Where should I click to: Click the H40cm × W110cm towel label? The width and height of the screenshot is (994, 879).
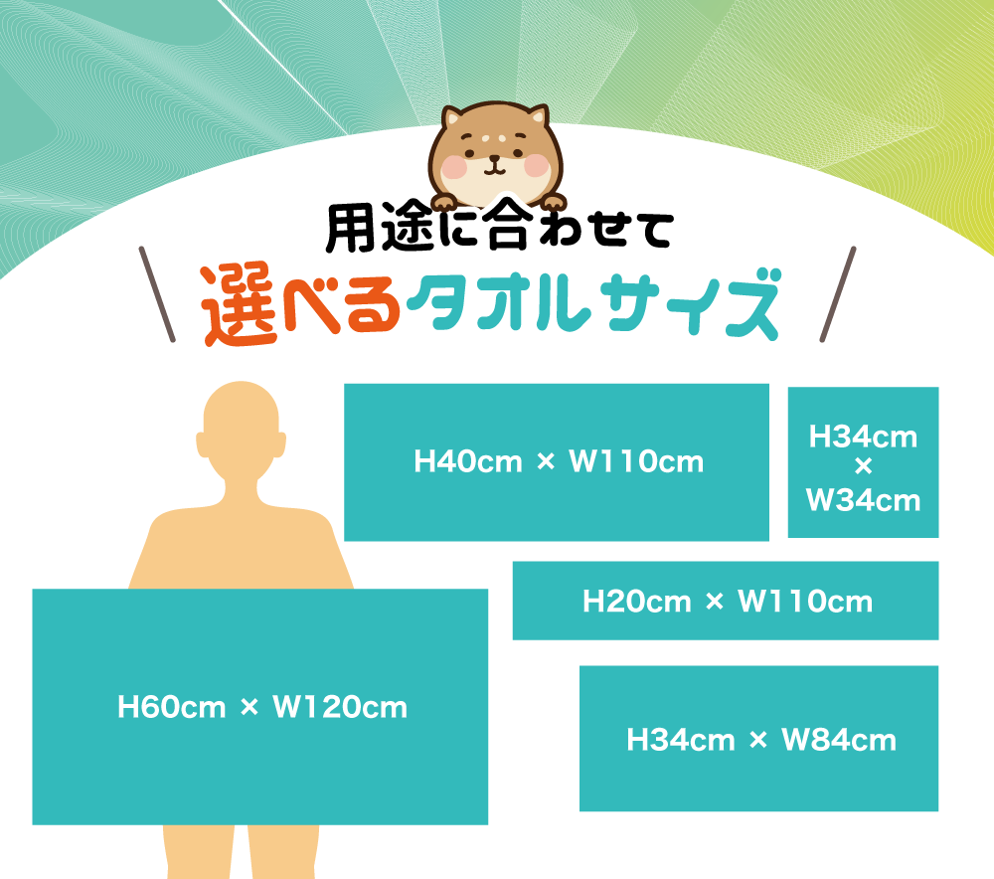pos(559,461)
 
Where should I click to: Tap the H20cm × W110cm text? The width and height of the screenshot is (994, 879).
pos(727,601)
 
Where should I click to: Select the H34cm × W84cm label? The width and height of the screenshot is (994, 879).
pos(760,740)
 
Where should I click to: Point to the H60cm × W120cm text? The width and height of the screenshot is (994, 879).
pos(261,707)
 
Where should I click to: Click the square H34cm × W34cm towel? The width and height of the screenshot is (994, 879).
pos(863,463)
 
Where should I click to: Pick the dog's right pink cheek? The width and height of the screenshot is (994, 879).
pos(537,168)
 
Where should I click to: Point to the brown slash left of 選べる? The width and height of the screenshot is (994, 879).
pos(158,293)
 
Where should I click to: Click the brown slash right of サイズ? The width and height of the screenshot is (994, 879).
pos(839,293)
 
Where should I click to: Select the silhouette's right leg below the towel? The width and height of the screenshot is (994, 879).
pos(288,851)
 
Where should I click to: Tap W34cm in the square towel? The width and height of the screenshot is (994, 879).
pos(863,499)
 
